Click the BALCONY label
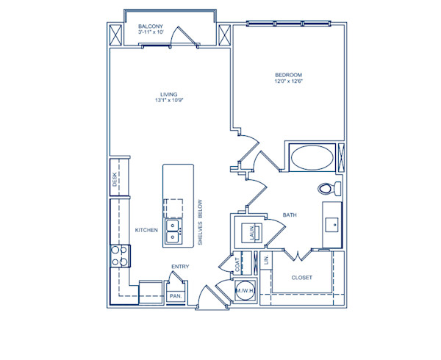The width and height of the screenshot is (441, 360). pyautogui.click(x=151, y=26)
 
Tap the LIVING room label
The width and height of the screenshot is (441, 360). pyautogui.click(x=170, y=94)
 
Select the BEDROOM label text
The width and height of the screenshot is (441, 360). pyautogui.click(x=288, y=74)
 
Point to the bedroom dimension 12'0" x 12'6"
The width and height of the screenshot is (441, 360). pyautogui.click(x=288, y=82)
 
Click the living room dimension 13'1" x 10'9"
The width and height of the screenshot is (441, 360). pyautogui.click(x=170, y=101)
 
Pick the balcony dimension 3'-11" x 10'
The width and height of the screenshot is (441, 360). pyautogui.click(x=151, y=33)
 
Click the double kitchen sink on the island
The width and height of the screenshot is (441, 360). pyautogui.click(x=173, y=231)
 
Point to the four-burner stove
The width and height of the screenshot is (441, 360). pyautogui.click(x=119, y=256)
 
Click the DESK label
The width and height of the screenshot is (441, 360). pyautogui.click(x=115, y=180)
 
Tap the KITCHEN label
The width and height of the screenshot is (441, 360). pyautogui.click(x=146, y=230)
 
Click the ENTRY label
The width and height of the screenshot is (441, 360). pyautogui.click(x=180, y=267)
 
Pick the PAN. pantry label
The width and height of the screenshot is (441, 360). pyautogui.click(x=176, y=295)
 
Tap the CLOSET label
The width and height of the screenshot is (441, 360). pyautogui.click(x=301, y=278)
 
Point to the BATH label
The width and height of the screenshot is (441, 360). pyautogui.click(x=290, y=215)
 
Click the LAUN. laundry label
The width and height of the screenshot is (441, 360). pyautogui.click(x=251, y=231)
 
